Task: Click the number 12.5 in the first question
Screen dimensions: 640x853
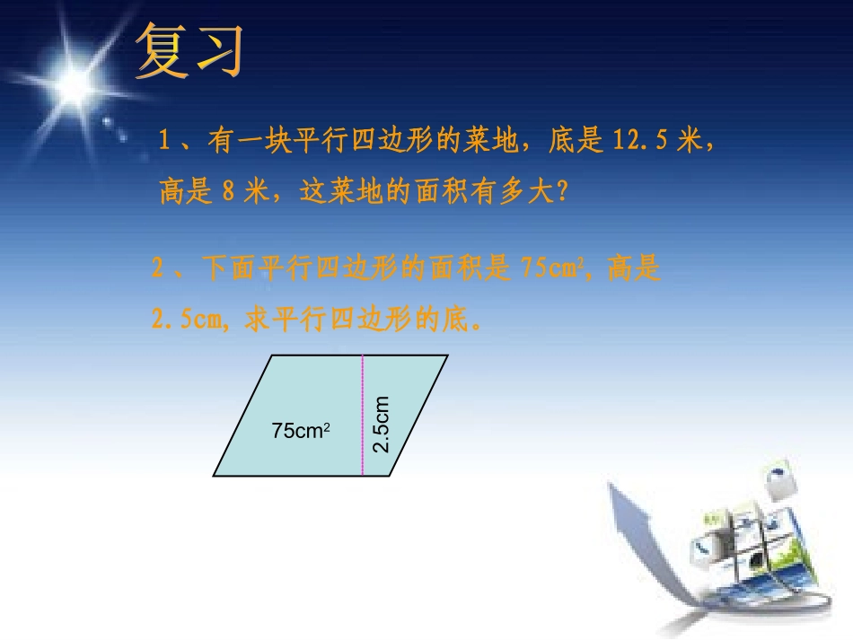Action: tap(642, 142)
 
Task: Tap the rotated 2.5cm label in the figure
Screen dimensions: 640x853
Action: tap(381, 424)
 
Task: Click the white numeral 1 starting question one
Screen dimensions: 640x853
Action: tap(164, 142)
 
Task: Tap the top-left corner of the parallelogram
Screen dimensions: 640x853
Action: tap(271, 356)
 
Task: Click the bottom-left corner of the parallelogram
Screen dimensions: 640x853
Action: tap(214, 475)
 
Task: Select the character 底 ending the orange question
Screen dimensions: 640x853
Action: tap(456, 320)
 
